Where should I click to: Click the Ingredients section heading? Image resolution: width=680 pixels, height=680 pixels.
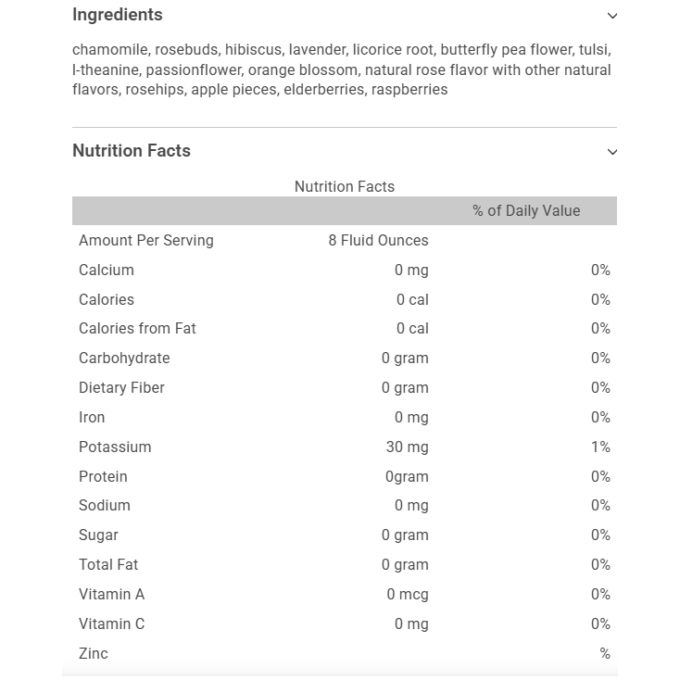[x=118, y=15]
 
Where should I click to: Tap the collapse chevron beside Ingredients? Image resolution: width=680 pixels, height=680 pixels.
[x=612, y=16]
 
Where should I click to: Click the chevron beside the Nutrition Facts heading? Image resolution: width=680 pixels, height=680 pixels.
[x=612, y=152]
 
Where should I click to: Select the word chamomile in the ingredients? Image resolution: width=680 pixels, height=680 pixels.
[x=111, y=50]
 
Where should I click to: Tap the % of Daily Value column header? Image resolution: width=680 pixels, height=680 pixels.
[x=526, y=211]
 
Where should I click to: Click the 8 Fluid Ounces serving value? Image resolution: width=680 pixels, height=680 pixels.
[x=378, y=241]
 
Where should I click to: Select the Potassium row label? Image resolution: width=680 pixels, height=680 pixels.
[x=115, y=447]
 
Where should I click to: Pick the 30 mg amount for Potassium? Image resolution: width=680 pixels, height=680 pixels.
[x=407, y=447]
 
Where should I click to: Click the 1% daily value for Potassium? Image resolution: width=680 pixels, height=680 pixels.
[x=600, y=447]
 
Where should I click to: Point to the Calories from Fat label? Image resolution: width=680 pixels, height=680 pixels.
[x=137, y=329]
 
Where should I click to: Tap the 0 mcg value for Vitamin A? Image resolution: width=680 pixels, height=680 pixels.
[x=408, y=594]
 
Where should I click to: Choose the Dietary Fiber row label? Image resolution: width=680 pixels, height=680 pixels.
[x=121, y=388]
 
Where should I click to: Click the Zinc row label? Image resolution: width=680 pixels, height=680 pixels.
[x=94, y=653]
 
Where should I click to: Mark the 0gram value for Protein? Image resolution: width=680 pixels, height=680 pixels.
[x=407, y=476]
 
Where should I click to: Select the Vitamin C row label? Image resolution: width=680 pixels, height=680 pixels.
[x=111, y=623]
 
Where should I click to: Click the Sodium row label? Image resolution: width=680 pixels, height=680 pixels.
[x=105, y=506]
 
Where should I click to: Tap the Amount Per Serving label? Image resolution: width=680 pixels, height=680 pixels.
[x=146, y=241]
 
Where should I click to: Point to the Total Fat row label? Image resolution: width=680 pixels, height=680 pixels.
[x=108, y=564]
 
